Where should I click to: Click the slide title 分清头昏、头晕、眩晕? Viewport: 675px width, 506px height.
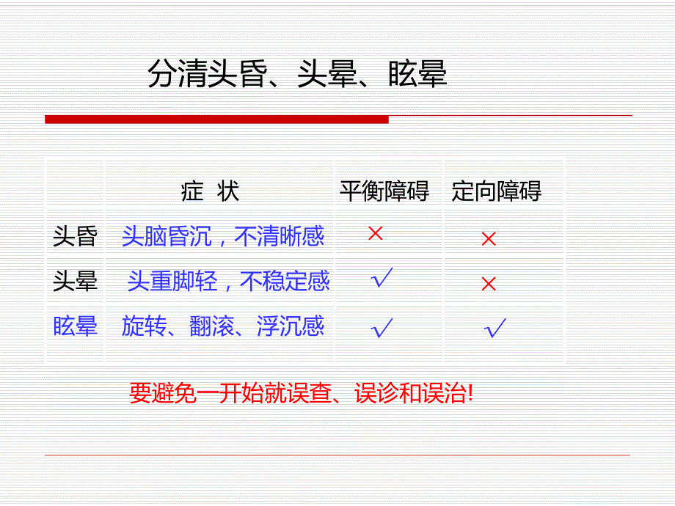point(297,75)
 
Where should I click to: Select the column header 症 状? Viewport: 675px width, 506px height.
point(210,191)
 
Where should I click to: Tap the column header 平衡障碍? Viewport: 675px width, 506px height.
point(384,191)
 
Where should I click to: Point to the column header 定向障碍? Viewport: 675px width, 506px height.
point(497,191)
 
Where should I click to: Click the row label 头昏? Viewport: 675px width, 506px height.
point(75,236)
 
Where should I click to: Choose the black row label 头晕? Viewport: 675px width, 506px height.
point(75,282)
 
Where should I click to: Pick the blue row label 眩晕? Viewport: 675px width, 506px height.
point(75,326)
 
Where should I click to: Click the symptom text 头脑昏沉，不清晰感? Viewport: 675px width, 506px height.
point(223,236)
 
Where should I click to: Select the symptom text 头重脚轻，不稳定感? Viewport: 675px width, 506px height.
point(228,281)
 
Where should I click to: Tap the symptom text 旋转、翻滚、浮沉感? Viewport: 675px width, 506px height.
point(223,326)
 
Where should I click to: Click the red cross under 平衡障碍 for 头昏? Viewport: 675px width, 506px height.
point(376,234)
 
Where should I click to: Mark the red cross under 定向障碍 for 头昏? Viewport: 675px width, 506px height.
point(489,238)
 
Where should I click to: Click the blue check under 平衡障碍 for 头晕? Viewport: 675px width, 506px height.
point(382,279)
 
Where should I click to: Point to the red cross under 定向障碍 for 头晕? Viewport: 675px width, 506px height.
point(489,284)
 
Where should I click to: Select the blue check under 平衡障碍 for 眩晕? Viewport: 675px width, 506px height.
point(382,327)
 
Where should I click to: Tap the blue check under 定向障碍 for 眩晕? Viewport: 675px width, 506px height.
point(495,328)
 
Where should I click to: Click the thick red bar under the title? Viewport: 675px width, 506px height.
point(216,119)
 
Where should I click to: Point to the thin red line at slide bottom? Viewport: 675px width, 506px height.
point(337,455)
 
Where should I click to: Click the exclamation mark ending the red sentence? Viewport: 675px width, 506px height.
point(470,394)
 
